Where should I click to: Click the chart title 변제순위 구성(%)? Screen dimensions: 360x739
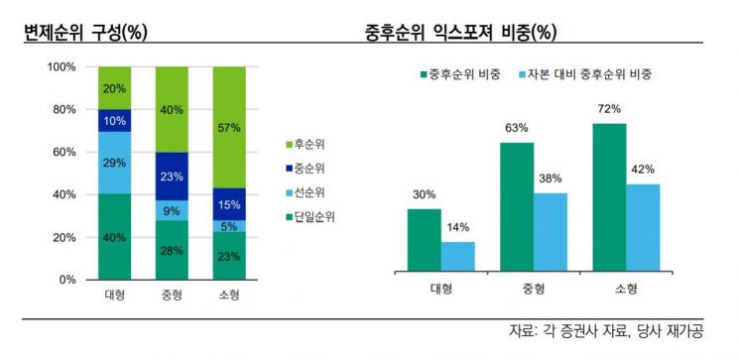click(x=86, y=32)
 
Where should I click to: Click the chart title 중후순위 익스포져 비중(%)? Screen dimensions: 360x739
click(x=460, y=32)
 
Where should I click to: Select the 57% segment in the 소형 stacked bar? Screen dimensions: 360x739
click(x=230, y=127)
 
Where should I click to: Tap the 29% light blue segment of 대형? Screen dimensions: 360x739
click(x=114, y=162)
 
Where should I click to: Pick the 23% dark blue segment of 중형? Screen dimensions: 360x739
click(x=172, y=177)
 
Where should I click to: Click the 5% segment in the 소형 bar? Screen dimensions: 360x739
click(x=230, y=226)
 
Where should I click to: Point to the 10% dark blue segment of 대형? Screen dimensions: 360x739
click(x=114, y=120)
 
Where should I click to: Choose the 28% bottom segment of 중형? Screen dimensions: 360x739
click(x=172, y=250)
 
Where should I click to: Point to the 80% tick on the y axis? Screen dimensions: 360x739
click(x=62, y=109)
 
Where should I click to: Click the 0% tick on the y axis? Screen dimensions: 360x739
click(x=65, y=280)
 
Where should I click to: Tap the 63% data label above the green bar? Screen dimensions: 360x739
click(x=517, y=128)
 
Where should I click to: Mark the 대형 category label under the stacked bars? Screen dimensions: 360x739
click(x=114, y=296)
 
